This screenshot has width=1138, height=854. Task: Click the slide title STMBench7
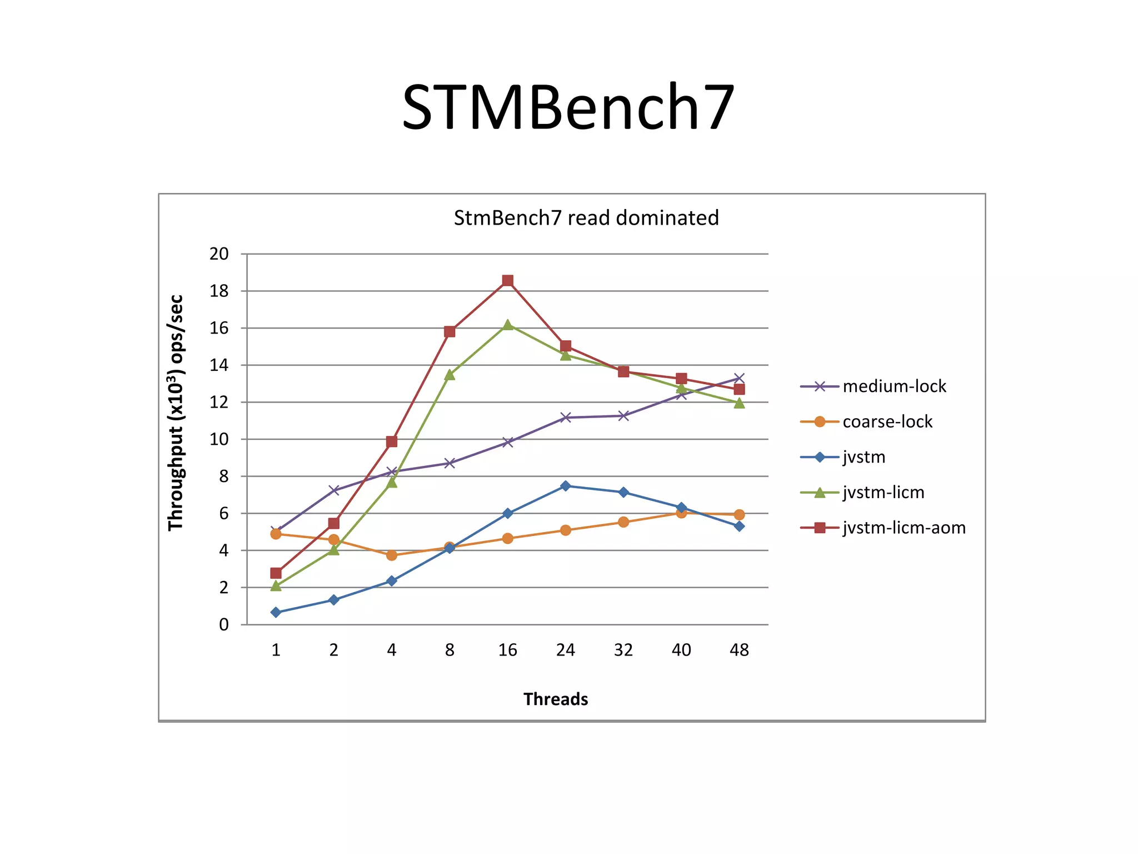tap(568, 107)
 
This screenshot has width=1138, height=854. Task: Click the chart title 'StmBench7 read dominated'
tap(586, 217)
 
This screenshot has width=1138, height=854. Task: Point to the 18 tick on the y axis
tap(219, 291)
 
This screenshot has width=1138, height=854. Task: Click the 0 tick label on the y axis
tap(223, 625)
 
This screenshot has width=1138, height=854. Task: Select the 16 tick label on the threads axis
tap(507, 650)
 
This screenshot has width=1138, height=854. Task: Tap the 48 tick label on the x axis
tap(739, 650)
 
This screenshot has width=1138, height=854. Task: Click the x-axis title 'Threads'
tap(556, 699)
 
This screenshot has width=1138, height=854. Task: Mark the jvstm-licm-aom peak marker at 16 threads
tap(507, 280)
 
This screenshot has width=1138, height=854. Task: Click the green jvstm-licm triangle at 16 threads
tap(507, 325)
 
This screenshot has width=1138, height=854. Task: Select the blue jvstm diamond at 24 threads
tap(565, 486)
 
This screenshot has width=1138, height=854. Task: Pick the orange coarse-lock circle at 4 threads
tap(392, 555)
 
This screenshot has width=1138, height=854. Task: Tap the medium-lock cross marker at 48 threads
tap(739, 379)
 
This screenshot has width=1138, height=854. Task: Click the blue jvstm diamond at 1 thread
tap(276, 612)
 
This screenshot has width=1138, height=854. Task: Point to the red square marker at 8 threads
tap(450, 332)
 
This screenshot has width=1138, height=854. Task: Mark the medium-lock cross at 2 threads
tap(333, 490)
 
